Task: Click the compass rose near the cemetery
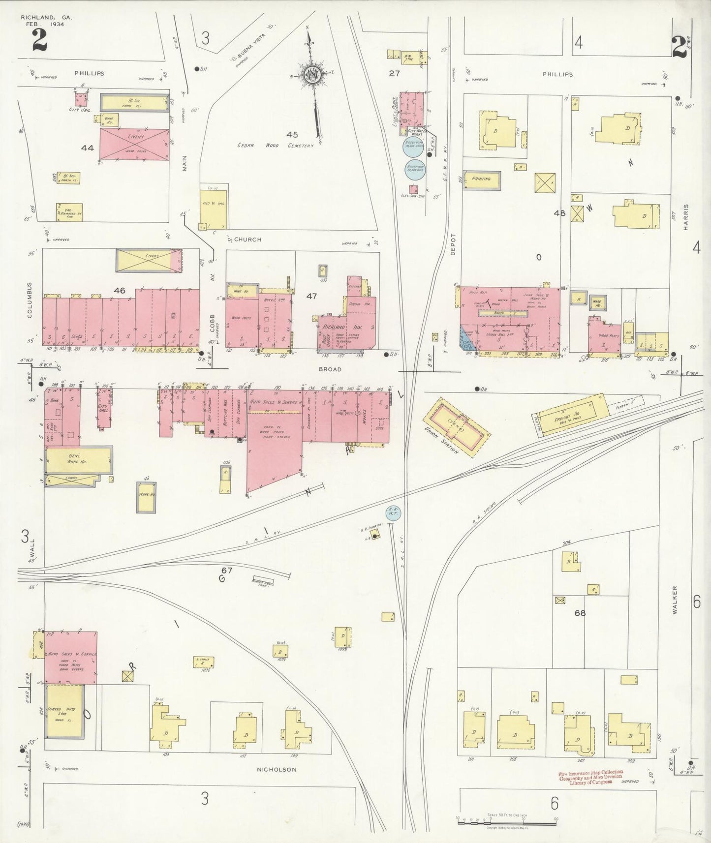click(312, 75)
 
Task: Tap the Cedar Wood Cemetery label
click(276, 146)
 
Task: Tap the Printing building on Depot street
click(481, 180)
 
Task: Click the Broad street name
click(330, 369)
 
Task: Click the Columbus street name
click(30, 300)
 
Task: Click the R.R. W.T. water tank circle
click(393, 512)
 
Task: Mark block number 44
click(88, 147)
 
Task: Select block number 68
click(581, 613)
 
